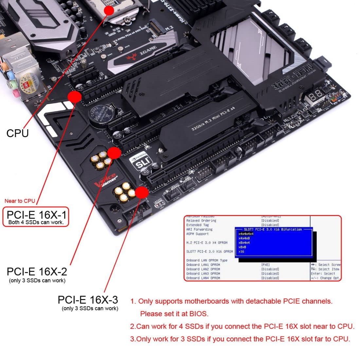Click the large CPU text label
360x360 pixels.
point(18,133)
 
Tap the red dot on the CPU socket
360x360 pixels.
point(109,10)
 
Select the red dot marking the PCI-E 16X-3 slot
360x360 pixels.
point(142,193)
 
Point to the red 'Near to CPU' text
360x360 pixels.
point(20,201)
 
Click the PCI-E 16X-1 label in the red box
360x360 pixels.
point(36,215)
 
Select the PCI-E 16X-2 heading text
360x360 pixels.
point(37,271)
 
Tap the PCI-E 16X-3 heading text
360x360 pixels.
point(88,299)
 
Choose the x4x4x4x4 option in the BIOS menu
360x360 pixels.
point(246,234)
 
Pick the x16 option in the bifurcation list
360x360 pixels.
point(242,252)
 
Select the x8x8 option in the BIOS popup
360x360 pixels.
point(243,247)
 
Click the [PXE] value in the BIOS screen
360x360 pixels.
point(265,265)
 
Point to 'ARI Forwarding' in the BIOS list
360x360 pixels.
point(199,229)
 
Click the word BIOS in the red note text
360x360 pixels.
point(198,314)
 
